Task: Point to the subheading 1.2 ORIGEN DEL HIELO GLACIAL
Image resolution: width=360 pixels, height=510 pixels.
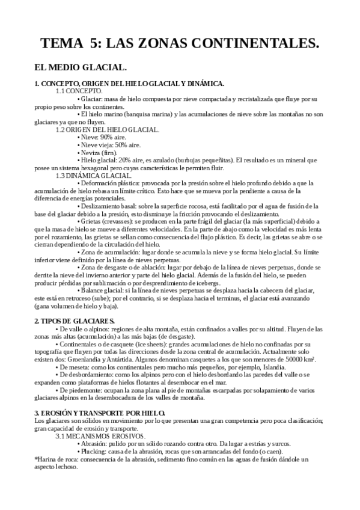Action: pos(107,129)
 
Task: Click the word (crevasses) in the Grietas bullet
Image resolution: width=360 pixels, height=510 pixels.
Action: pos(119,221)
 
